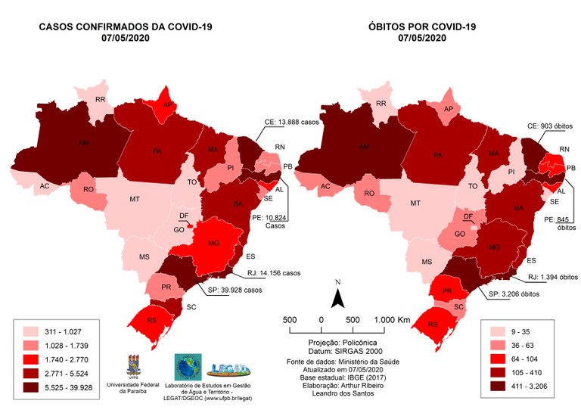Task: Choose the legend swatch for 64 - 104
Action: [x=496, y=359]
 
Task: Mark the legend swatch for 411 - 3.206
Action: [x=496, y=388]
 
